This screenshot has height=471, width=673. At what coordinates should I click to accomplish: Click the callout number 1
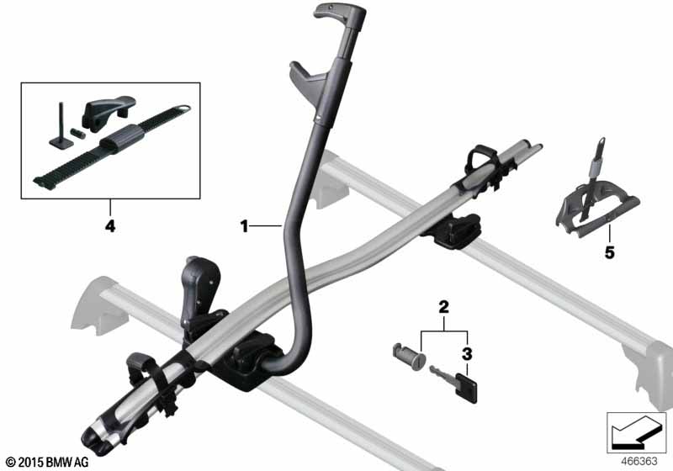pos(244,226)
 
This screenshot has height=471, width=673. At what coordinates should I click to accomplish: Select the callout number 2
pos(443,307)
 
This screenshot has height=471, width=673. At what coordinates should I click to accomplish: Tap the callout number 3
pos(467,354)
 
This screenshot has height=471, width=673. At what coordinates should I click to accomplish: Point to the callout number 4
pos(110,226)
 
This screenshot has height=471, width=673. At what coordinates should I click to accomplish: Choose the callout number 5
pos(609,252)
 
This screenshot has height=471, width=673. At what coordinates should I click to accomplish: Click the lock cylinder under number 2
pos(409,357)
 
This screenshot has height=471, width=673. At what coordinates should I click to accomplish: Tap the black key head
pos(467,388)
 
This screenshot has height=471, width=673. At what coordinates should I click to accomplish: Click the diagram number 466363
pos(639,462)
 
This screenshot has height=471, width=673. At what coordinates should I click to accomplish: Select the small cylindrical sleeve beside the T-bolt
pos(78,132)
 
